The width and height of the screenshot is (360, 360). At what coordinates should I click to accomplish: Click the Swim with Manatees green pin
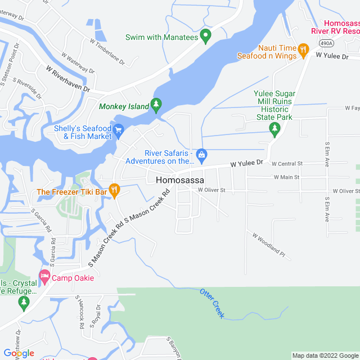206,37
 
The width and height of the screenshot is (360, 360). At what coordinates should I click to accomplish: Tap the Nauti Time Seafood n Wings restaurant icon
303,49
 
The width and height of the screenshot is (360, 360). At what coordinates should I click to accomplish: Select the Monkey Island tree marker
156,105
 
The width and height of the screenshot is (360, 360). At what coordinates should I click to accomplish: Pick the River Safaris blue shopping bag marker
202,154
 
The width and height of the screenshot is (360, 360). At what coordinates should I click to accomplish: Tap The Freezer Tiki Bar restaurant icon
114,191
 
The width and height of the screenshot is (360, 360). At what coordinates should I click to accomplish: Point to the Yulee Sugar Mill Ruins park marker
275,129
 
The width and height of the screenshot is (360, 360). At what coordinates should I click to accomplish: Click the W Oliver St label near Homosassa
211,190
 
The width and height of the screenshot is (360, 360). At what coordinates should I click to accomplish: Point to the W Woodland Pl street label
269,245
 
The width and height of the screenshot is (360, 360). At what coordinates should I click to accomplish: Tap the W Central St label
287,164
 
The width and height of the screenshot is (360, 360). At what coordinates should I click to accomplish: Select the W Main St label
287,177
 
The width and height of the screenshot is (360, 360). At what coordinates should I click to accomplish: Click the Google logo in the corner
19,353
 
